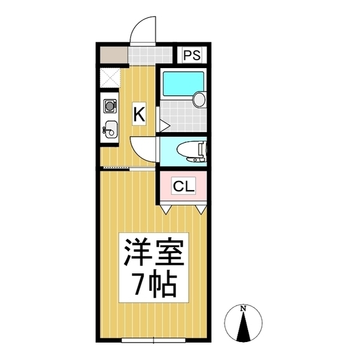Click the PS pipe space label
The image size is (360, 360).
point(192,55)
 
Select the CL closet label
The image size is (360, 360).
point(184,186)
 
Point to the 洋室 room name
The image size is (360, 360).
point(154,253)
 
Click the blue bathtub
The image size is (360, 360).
point(183,84)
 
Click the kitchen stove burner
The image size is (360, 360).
point(110,106)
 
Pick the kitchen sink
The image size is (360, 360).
point(111,130)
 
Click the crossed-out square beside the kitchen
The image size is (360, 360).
point(110,78)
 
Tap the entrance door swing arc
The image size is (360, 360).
point(139,26)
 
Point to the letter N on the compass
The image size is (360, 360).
point(243,309)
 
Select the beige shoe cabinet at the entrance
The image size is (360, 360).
point(114,55)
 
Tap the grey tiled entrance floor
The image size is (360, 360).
point(150,56)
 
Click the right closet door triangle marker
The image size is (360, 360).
point(201,210)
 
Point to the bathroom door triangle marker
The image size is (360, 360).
point(164,126)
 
